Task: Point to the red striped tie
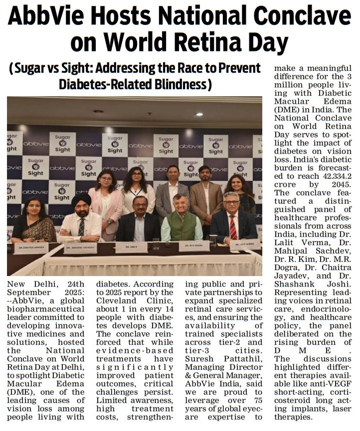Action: [x=233, y=227]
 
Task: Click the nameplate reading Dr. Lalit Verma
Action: [x=245, y=245]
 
